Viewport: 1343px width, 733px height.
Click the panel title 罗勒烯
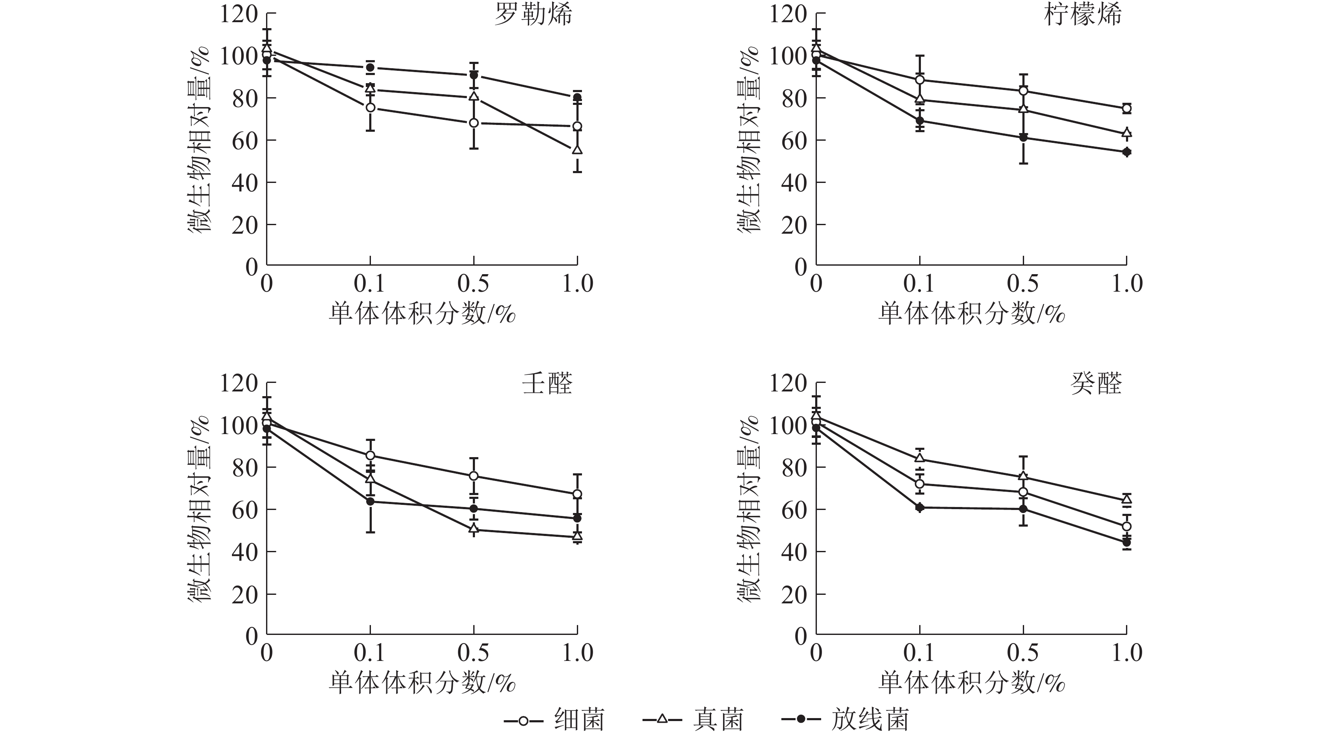tap(533, 14)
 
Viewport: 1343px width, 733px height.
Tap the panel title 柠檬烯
tap(1083, 14)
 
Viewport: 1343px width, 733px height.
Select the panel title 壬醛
tap(547, 384)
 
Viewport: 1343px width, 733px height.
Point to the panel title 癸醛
tap(1097, 384)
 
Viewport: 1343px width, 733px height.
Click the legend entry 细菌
tap(579, 720)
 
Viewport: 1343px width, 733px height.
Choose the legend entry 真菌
tap(718, 720)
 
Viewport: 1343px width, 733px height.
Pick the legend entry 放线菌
tap(870, 720)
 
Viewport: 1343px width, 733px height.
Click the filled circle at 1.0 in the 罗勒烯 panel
tap(577, 98)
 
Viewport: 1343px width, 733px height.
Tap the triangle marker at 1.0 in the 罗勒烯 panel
tap(577, 150)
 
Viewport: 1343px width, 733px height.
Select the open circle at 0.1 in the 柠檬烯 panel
tap(920, 80)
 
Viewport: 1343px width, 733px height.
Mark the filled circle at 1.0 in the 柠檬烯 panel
tap(1127, 152)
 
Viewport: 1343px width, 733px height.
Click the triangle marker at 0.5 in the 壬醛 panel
tap(473, 529)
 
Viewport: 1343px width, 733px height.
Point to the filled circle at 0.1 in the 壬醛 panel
tap(370, 501)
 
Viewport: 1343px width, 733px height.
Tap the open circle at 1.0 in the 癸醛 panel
tap(1127, 526)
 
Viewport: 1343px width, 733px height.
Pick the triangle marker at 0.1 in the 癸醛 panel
tap(920, 458)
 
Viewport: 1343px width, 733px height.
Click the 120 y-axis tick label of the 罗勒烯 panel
tap(239, 14)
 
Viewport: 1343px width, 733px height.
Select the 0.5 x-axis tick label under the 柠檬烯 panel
tap(1022, 284)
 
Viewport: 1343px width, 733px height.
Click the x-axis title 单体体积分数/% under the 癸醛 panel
tap(971, 682)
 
